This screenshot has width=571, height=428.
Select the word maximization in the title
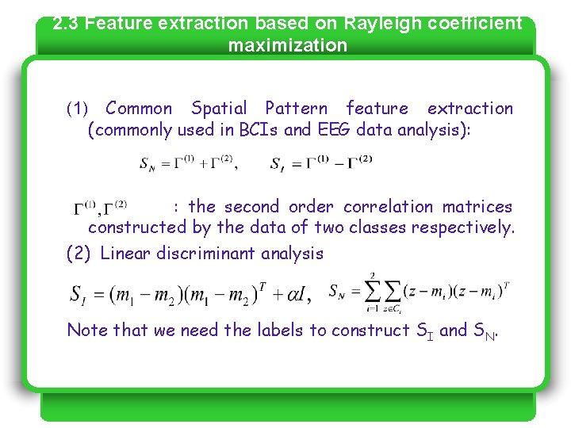[x=287, y=45]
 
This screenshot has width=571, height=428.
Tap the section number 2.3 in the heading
[x=66, y=23]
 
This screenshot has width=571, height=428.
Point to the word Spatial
[x=219, y=109]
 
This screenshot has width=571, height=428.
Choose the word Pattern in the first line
[x=296, y=109]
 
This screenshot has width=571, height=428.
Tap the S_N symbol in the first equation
[x=148, y=165]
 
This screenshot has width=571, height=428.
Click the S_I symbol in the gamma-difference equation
[x=278, y=165]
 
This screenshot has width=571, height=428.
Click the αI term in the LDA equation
[x=294, y=294]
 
